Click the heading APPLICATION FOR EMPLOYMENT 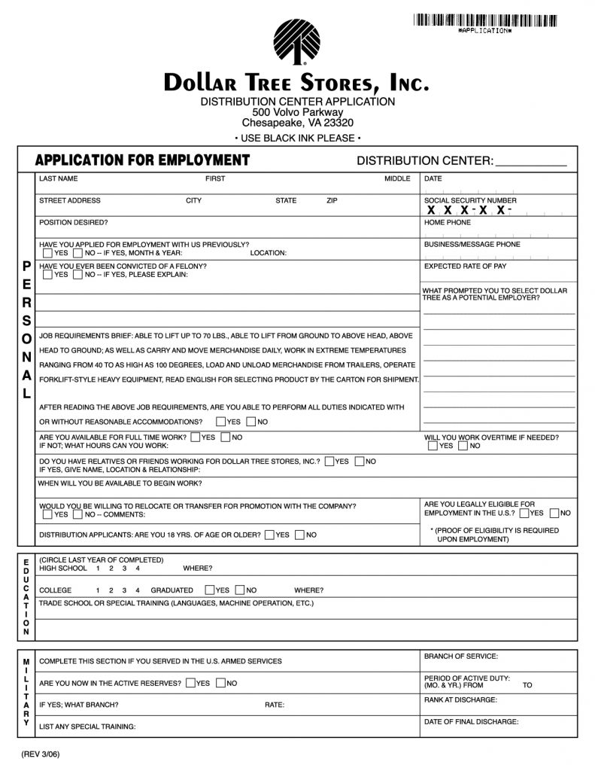pos(143,160)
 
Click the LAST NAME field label pos(58,179)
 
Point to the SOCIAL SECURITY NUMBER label pos(470,201)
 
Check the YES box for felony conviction pos(48,275)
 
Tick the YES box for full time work pos(196,437)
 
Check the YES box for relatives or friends pos(329,461)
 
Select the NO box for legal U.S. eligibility pos(554,513)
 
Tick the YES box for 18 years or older pos(269,535)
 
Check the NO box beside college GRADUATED pos(240,590)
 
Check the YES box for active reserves pos(191,683)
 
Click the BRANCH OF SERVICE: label pos(460,657)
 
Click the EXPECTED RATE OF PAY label pos(465,267)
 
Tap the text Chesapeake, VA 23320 pos(297,123)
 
